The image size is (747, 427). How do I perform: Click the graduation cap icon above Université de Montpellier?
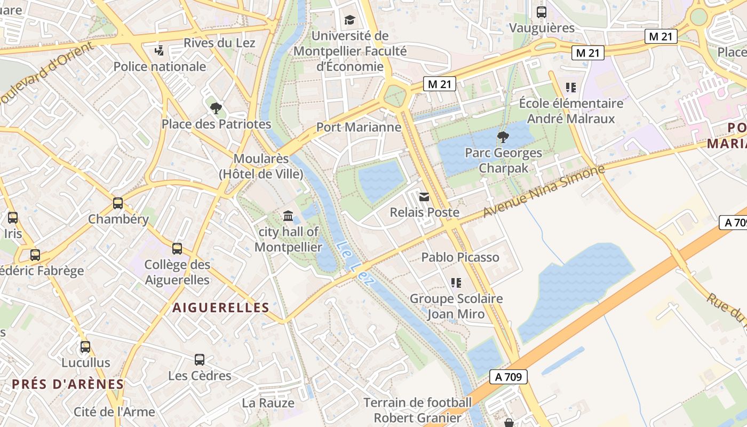coord(349,20)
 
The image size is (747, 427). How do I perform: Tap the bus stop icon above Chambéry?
coord(118,203)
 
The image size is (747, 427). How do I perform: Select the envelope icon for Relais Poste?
coord(424,197)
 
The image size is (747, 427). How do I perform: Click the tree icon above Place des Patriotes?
coord(216,109)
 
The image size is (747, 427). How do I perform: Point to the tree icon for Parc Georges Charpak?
coord(503,137)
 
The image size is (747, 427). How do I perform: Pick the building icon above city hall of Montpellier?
coord(288,216)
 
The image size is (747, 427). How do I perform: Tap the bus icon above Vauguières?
coord(542,12)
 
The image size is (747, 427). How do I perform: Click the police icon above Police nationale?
coord(158,51)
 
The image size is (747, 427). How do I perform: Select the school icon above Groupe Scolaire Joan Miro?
coord(456,282)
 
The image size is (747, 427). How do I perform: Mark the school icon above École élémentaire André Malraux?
coord(571,87)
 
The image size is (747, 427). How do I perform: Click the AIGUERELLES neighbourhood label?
coord(221,307)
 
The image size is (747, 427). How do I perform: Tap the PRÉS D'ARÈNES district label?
coord(68,384)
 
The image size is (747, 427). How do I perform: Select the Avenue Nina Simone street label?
coord(544,191)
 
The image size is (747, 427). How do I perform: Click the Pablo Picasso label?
coord(460,257)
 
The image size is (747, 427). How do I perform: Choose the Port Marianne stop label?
coord(359,127)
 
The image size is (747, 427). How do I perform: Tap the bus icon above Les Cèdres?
coord(200,360)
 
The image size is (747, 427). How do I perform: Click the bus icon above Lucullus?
coord(85,347)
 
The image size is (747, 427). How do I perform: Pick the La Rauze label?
coord(268,403)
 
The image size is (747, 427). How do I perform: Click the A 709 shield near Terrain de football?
coord(508,377)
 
